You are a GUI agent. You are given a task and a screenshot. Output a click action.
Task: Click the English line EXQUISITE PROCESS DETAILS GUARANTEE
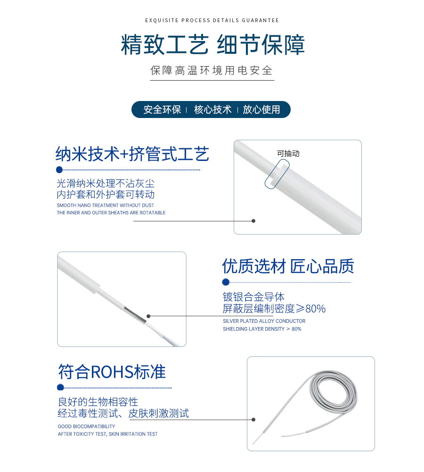click(x=212, y=20)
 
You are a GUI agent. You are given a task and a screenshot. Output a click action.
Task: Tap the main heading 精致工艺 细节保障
click(x=213, y=44)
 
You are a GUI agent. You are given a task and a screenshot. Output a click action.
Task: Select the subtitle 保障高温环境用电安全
click(x=212, y=70)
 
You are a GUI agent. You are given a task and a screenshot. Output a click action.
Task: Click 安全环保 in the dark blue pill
click(x=162, y=110)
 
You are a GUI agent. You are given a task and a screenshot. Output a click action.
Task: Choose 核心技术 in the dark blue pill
click(x=213, y=110)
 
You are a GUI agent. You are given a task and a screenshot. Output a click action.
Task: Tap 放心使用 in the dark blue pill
click(x=261, y=110)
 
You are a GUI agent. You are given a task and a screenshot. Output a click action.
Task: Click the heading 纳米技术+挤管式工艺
click(x=132, y=154)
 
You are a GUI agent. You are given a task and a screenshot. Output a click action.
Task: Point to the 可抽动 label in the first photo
click(x=288, y=153)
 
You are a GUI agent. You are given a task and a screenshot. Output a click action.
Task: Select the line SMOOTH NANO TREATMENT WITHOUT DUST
click(x=105, y=205)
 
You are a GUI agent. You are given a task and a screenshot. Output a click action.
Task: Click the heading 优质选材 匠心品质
click(x=288, y=266)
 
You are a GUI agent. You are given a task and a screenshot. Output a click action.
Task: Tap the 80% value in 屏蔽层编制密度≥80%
click(x=316, y=309)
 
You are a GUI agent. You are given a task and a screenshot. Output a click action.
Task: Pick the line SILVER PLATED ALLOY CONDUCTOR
click(x=264, y=321)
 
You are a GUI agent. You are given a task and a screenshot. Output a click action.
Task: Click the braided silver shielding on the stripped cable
click(x=135, y=315)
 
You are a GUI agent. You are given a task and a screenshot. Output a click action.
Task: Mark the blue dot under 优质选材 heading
click(x=226, y=282)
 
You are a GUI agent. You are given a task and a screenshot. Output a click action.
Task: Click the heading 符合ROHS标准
click(x=112, y=372)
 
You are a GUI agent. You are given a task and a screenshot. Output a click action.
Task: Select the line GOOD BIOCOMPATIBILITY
click(x=87, y=427)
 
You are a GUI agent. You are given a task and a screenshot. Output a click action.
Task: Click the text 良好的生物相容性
click(x=98, y=402)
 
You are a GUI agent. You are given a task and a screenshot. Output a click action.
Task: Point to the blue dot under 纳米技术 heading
click(x=59, y=170)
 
